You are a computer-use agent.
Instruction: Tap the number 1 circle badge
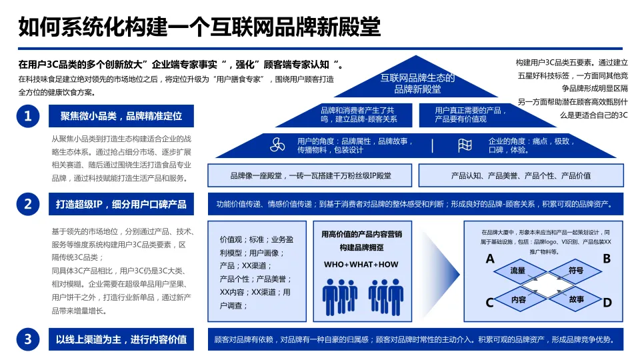[28, 117]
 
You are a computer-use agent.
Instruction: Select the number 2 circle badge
[28, 204]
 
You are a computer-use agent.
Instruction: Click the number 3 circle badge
[28, 339]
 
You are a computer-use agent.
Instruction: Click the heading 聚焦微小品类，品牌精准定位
[121, 117]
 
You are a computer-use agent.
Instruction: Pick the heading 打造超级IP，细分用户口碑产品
[121, 204]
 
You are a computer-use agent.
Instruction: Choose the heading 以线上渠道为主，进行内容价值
[121, 339]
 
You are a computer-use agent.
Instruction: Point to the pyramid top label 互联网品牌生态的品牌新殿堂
[417, 83]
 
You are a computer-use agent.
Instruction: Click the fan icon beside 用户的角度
[277, 145]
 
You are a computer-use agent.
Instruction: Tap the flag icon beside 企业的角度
[465, 145]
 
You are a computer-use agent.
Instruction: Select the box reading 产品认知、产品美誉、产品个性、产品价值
[521, 175]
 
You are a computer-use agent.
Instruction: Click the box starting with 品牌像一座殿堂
[311, 175]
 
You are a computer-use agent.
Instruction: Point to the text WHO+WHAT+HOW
[361, 265]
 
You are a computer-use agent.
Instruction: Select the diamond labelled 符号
[576, 271]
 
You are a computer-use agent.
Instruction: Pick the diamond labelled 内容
[519, 299]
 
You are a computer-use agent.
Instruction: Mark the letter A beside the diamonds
[490, 259]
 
